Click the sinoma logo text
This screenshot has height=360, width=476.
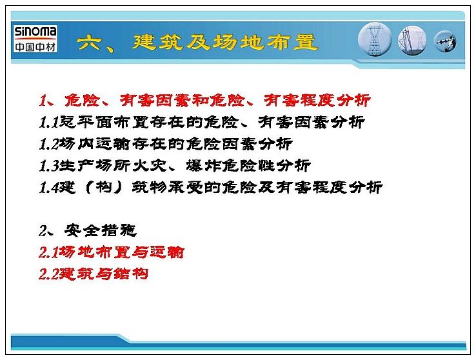[35, 32]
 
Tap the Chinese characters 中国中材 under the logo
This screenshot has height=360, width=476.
[35, 46]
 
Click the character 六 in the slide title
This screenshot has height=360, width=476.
[88, 42]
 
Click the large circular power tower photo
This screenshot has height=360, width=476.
[375, 39]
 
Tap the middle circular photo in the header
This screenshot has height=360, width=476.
[412, 41]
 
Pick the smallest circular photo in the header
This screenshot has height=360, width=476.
[445, 41]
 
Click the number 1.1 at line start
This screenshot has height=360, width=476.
[49, 123]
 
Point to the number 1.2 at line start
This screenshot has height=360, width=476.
[49, 144]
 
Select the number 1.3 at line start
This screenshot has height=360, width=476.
[49, 166]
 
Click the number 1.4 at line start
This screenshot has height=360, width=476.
[49, 188]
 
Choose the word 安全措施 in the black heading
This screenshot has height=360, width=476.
[101, 231]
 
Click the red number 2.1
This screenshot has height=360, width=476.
[48, 252]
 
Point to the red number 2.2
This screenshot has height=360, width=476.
[48, 274]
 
